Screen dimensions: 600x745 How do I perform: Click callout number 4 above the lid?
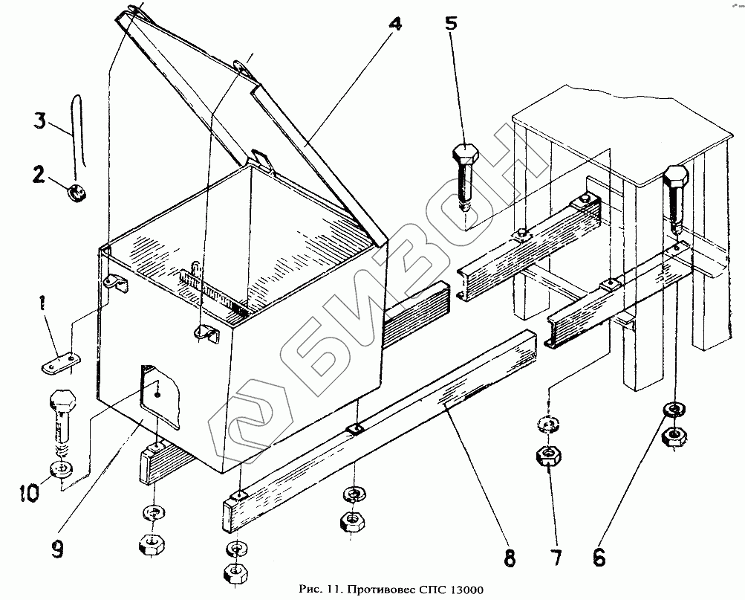pos(394,24)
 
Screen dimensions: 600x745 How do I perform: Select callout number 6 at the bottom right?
pos(599,556)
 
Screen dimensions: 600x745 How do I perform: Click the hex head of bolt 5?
pos(465,156)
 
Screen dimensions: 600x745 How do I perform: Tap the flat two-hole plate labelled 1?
pos(60,364)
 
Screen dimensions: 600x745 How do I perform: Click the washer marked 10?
pos(61,469)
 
